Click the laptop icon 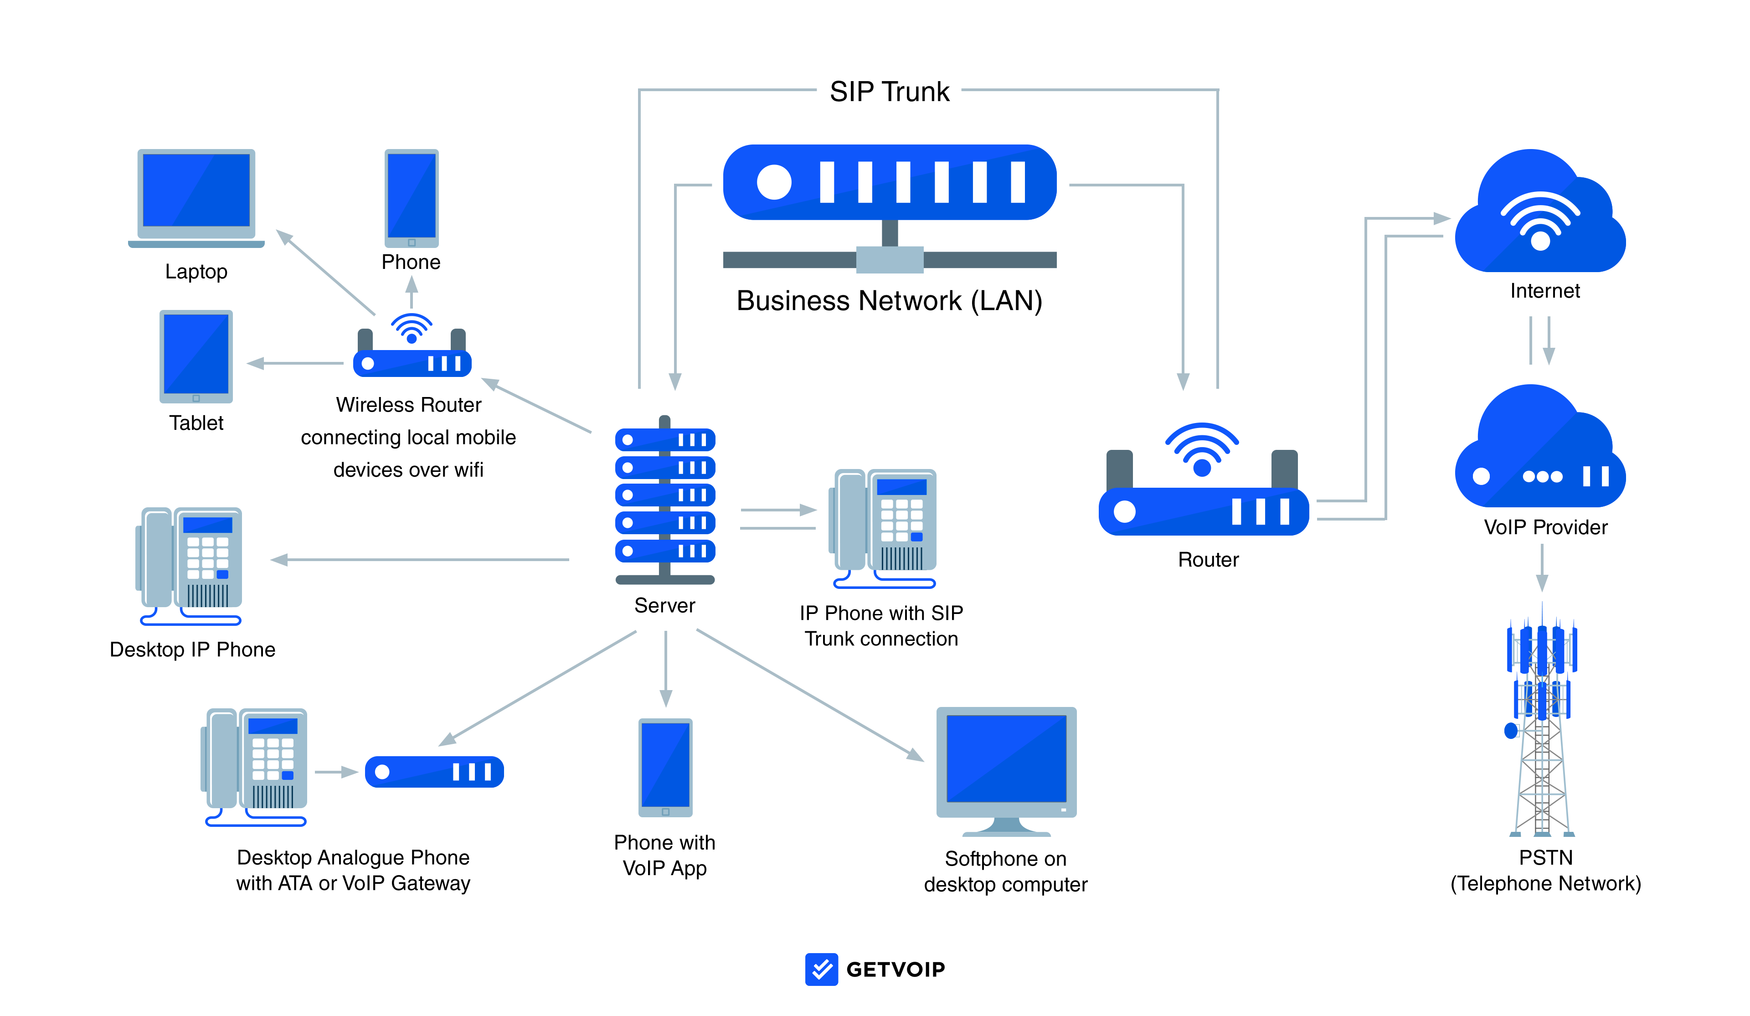[x=196, y=196]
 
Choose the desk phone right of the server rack [x=883, y=528]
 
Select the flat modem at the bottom [x=434, y=772]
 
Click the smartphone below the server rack [x=665, y=768]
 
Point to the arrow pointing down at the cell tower [x=1542, y=567]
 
